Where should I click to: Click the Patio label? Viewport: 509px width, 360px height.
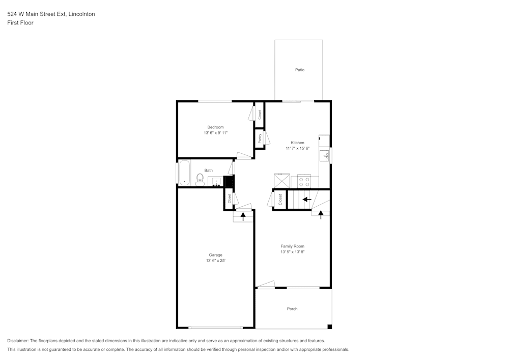click(300, 70)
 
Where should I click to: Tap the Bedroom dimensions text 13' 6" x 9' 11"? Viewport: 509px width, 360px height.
click(215, 133)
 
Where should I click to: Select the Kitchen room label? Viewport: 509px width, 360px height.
click(298, 143)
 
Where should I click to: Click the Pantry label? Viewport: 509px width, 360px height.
click(260, 138)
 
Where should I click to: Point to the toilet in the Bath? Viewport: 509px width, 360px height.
click(200, 179)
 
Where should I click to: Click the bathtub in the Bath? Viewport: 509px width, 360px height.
click(184, 173)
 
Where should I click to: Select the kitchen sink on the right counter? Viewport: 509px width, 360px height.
click(324, 156)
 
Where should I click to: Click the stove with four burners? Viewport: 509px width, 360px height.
click(304, 180)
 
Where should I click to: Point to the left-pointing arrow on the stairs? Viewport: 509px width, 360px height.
click(307, 199)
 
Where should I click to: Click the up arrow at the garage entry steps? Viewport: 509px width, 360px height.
click(243, 216)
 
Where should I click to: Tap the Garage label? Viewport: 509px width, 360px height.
click(215, 255)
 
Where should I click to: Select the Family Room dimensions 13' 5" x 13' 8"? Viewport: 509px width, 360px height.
click(292, 252)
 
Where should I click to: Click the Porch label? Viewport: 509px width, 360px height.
click(292, 309)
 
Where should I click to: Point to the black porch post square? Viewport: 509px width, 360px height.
click(329, 326)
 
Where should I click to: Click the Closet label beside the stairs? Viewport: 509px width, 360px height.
click(280, 200)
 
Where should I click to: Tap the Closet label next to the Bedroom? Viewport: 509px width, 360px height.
click(260, 115)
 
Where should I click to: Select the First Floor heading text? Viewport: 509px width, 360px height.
click(20, 23)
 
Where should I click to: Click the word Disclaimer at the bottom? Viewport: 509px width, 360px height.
click(18, 341)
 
